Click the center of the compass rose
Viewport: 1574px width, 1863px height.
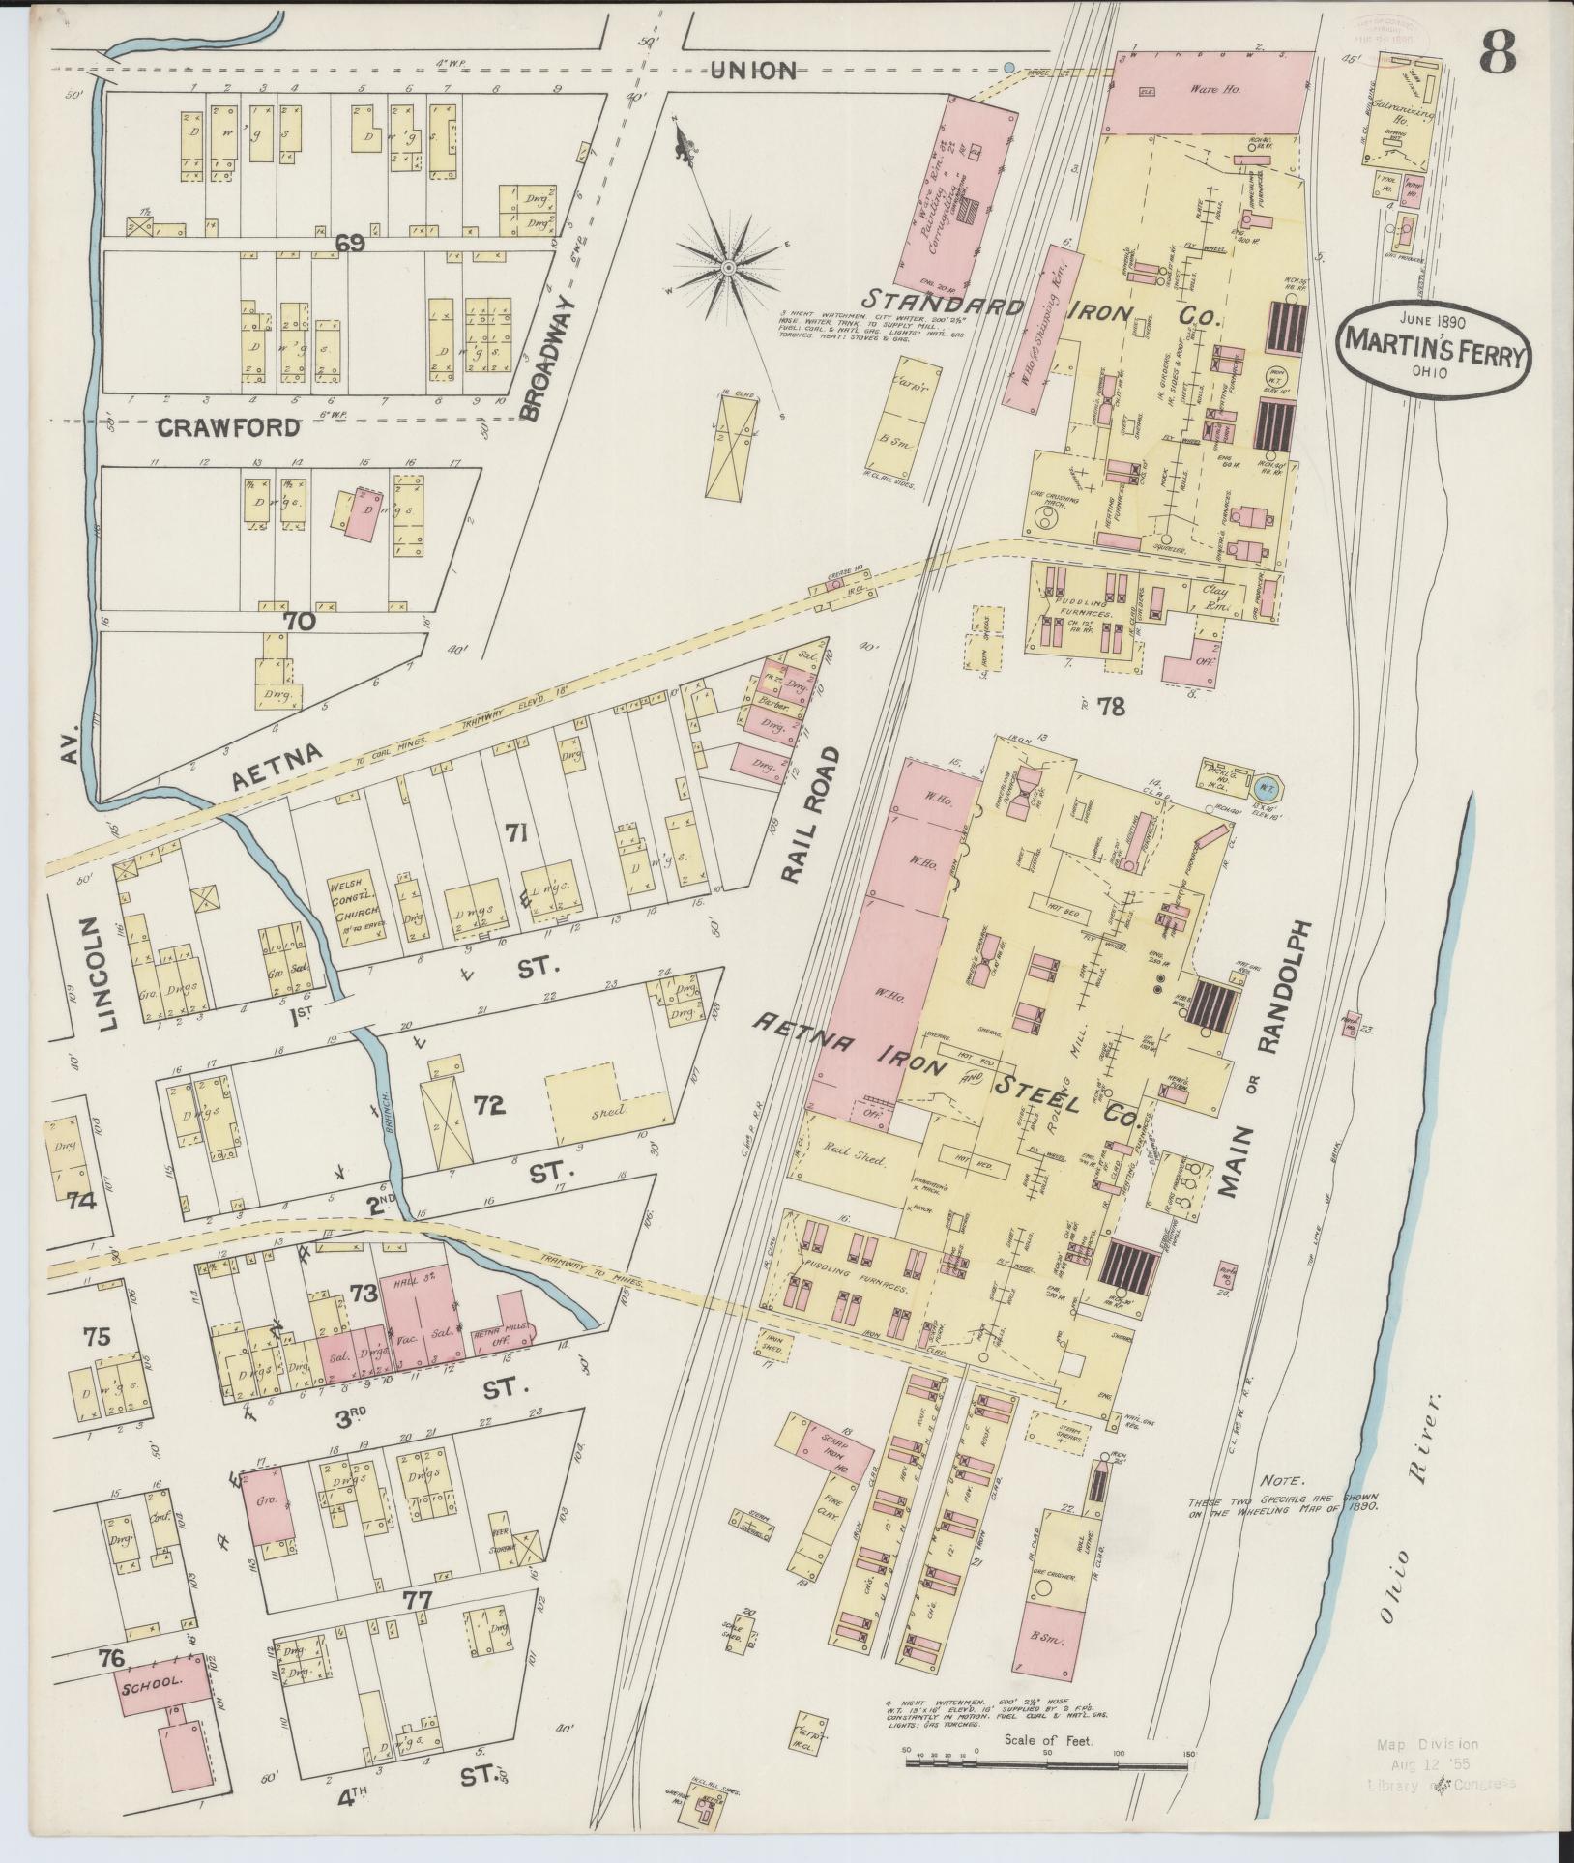point(728,264)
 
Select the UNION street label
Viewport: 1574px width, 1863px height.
point(752,71)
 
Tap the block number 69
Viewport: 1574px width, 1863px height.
point(349,244)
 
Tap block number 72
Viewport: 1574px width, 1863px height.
point(490,1105)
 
